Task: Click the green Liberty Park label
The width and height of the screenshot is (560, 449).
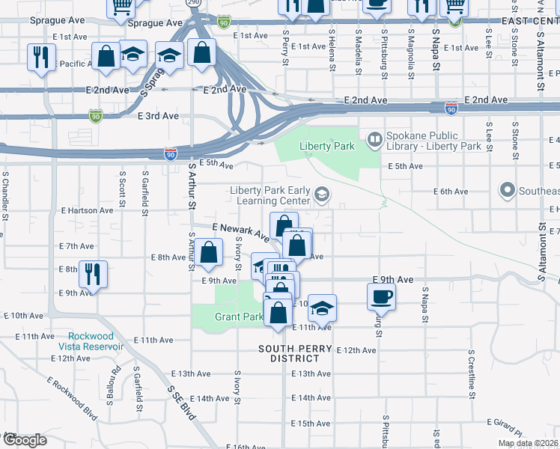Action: pos(326,147)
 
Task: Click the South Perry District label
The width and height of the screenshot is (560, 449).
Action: pos(295,353)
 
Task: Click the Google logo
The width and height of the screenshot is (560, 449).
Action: pos(24,440)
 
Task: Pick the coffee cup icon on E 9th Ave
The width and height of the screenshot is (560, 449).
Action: pos(380,296)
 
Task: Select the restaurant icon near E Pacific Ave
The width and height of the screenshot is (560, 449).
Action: pos(40,57)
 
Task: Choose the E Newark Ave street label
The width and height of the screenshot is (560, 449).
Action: pos(240,231)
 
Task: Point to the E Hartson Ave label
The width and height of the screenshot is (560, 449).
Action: pos(91,211)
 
